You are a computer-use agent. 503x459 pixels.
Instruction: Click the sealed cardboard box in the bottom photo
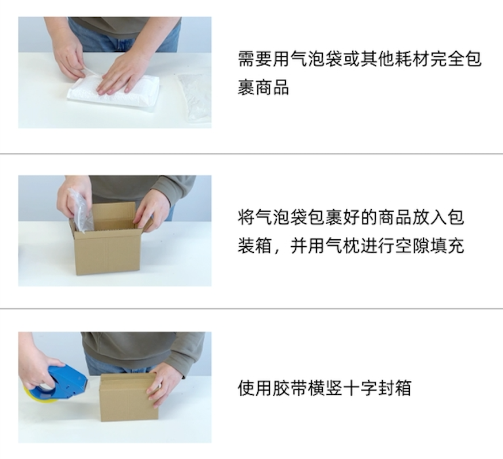pos(129,398)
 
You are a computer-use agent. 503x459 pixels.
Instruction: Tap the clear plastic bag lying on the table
pos(195,96)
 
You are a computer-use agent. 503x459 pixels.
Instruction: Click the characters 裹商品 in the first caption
pos(264,87)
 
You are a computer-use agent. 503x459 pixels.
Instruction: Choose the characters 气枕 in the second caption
pos(342,246)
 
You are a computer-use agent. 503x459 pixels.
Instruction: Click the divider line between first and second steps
pos(251,154)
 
